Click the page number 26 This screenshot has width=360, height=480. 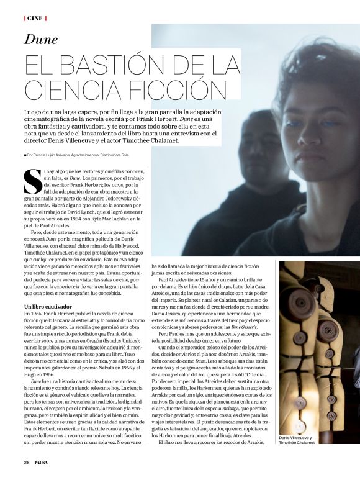point(27,463)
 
